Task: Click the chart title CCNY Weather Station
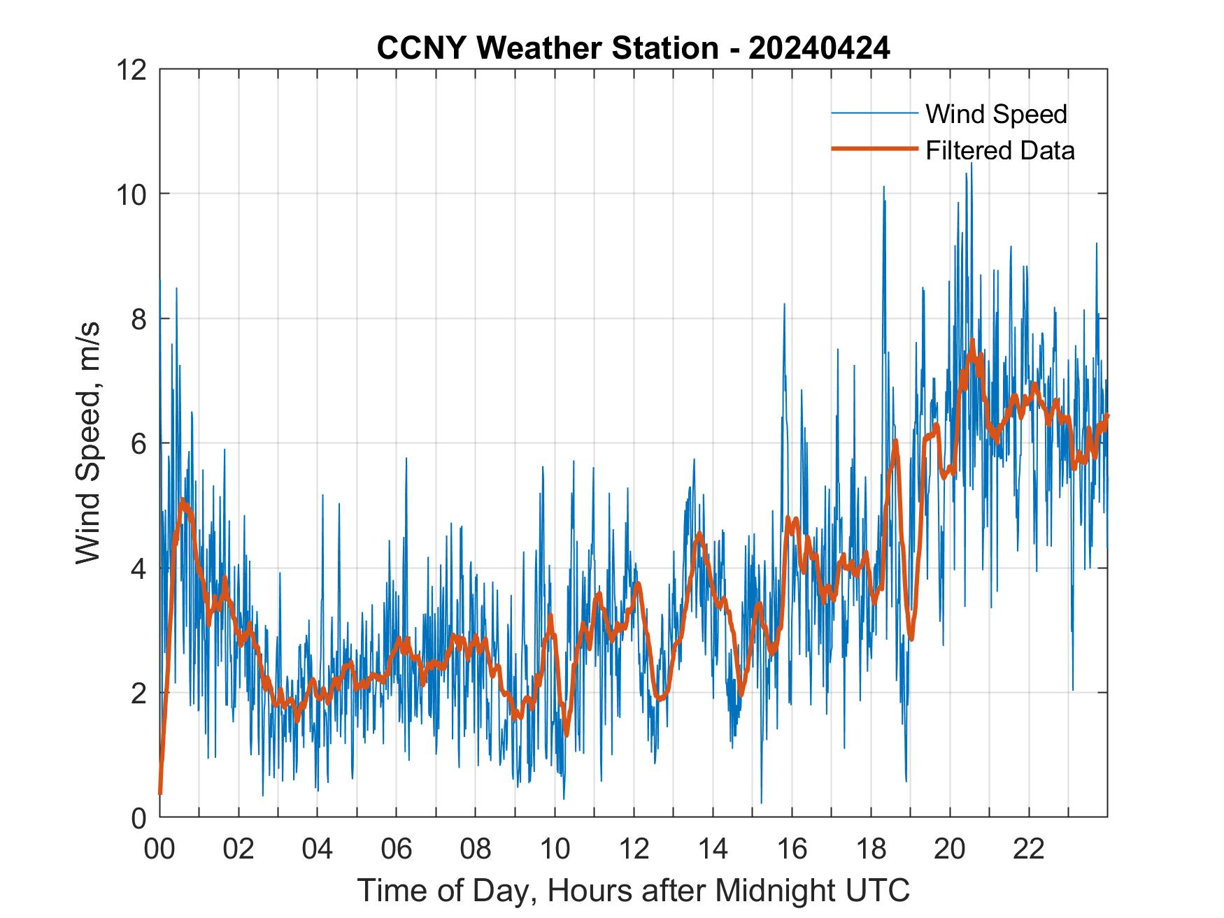(x=547, y=48)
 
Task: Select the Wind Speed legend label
(x=996, y=114)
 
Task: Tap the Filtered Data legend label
(x=999, y=150)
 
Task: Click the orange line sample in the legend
(x=874, y=149)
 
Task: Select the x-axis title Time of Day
(x=633, y=891)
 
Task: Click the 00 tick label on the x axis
(x=159, y=849)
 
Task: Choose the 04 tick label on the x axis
(x=318, y=849)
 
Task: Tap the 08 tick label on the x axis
(x=476, y=849)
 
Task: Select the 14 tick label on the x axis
(x=713, y=849)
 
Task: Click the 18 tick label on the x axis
(x=871, y=849)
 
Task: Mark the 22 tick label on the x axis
(x=1029, y=849)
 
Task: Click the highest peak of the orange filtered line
(x=972, y=341)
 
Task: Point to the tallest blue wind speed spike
(x=971, y=164)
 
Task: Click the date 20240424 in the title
(x=819, y=48)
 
